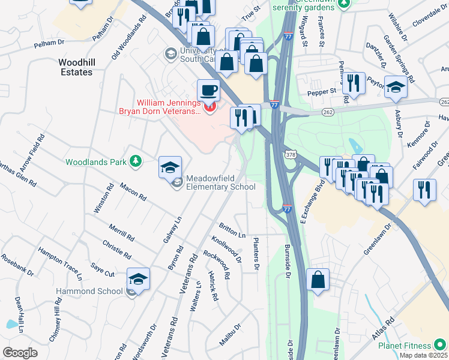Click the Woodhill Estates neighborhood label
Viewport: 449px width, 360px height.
[x=76, y=67]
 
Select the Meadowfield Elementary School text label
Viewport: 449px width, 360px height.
[x=220, y=182]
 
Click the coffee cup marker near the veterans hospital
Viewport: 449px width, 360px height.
[x=208, y=90]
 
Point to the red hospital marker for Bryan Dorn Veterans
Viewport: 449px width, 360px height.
[x=209, y=107]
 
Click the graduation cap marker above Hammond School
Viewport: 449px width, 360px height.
[x=138, y=279]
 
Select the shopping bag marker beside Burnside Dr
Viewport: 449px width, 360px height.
[x=318, y=280]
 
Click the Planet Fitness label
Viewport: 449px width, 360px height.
[x=405, y=346]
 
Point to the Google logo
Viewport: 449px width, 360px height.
[x=20, y=352]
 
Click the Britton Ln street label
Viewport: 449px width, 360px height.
[x=232, y=232]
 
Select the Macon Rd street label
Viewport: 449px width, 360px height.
[x=133, y=192]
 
